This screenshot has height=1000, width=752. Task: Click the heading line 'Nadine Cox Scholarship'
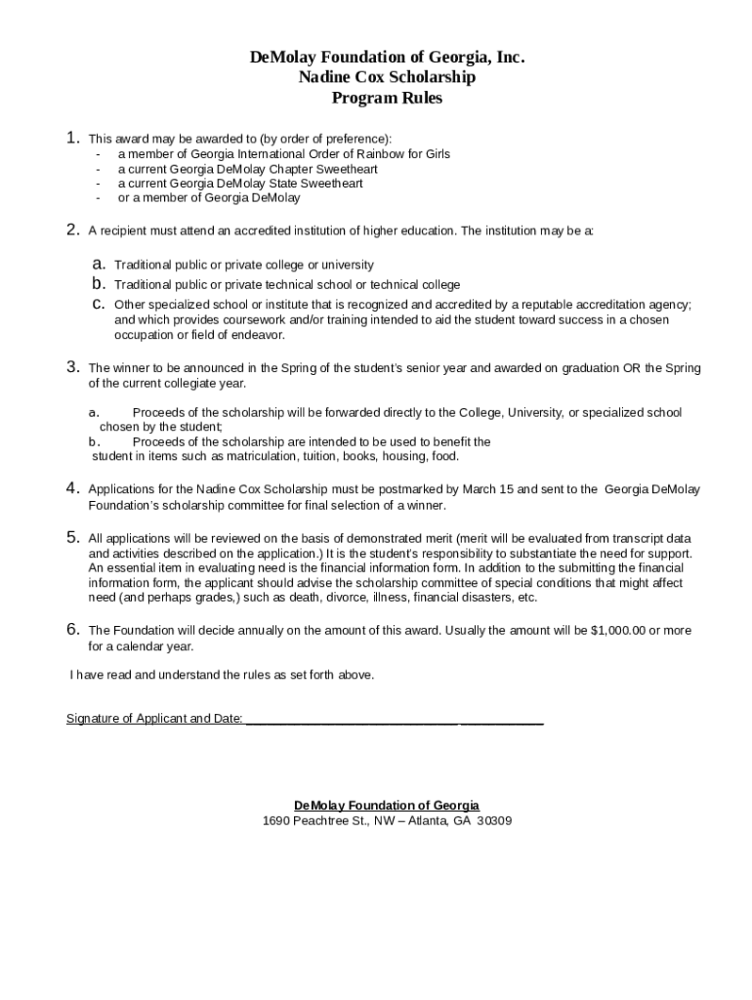click(x=387, y=77)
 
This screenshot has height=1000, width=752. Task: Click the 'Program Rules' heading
click(x=387, y=98)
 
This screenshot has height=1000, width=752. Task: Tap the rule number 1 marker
click(x=73, y=139)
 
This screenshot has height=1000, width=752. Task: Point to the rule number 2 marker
click(x=73, y=230)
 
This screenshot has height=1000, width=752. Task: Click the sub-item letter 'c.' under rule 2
click(x=99, y=305)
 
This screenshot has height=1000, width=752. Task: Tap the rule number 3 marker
click(x=73, y=368)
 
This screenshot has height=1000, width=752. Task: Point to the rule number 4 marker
click(x=73, y=488)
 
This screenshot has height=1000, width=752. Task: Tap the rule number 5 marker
click(x=73, y=537)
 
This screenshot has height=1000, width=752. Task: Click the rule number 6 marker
click(x=73, y=630)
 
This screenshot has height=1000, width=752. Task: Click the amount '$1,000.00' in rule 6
click(x=618, y=631)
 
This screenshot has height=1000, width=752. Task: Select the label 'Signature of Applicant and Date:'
click(x=154, y=720)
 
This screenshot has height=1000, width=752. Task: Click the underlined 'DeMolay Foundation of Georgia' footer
click(x=387, y=806)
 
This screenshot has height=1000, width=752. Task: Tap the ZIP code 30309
click(x=493, y=821)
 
